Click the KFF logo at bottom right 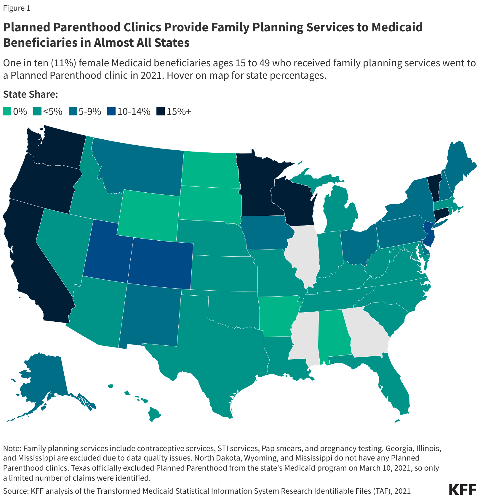tap(463, 490)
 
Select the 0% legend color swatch tap(7, 112)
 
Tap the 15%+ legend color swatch tap(161, 112)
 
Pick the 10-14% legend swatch tap(111, 112)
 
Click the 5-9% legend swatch tap(73, 112)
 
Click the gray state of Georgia tap(366, 331)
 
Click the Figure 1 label tap(17, 8)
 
